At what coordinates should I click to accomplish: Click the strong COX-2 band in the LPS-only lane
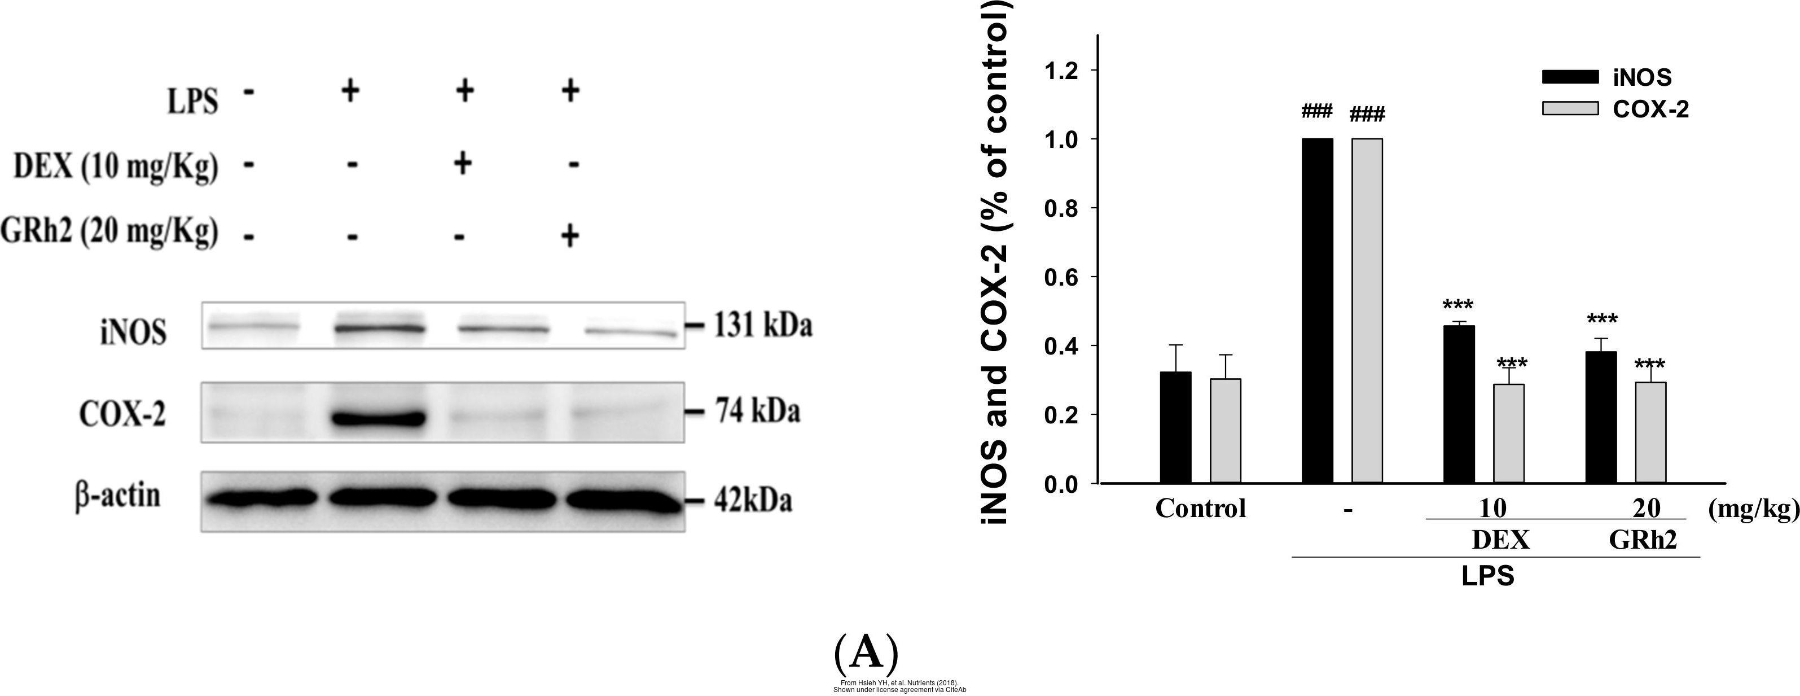377,419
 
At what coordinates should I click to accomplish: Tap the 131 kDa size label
762,326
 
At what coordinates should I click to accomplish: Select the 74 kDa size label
756,412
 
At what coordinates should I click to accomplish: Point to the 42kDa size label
753,502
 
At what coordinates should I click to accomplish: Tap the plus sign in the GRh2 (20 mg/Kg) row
569,236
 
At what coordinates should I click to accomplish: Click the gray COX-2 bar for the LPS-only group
1367,311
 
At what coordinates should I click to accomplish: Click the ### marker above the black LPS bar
1317,111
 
